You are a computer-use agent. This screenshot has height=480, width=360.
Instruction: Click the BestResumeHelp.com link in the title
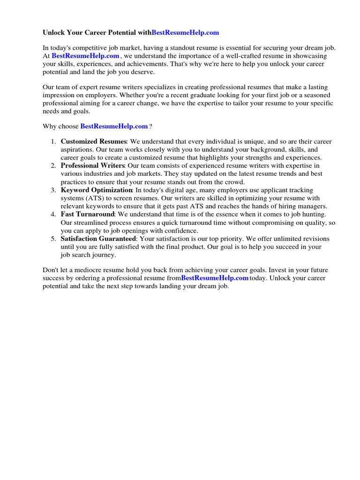pyautogui.click(x=185, y=33)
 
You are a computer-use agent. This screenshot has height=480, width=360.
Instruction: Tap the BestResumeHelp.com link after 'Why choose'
pyautogui.click(x=114, y=126)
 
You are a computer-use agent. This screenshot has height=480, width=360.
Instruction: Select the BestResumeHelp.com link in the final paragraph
pyautogui.click(x=215, y=278)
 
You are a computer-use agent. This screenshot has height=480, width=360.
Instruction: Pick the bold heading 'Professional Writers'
pyautogui.click(x=92, y=165)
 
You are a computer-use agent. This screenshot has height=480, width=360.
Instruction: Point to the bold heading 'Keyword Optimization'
pyautogui.click(x=97, y=190)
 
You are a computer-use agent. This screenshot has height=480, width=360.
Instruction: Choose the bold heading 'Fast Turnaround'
pyautogui.click(x=87, y=214)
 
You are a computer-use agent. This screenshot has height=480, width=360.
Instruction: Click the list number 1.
pyautogui.click(x=53, y=141)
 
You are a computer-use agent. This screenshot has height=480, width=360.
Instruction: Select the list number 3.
pyautogui.click(x=53, y=190)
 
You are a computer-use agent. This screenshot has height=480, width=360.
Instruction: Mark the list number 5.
pyautogui.click(x=53, y=239)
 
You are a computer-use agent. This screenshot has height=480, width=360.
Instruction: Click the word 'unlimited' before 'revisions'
pyautogui.click(x=285, y=239)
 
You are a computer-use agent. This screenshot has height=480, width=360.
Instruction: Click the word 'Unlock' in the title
pyautogui.click(x=54, y=33)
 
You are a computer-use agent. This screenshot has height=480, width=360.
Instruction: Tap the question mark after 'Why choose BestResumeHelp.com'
pyautogui.click(x=150, y=126)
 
